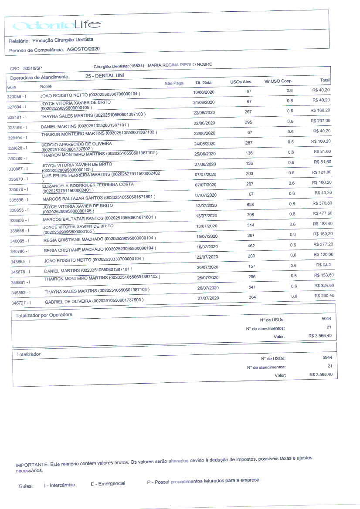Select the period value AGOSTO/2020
[x=83, y=49]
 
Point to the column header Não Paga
[x=174, y=83]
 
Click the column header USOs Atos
[x=241, y=82]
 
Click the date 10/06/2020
[x=204, y=92]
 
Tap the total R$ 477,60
[x=323, y=213]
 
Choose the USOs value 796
[x=250, y=214]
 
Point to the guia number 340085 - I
[x=20, y=241]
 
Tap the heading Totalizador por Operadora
[x=44, y=314]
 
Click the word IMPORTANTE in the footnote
[x=32, y=465]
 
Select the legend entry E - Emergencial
[x=108, y=484]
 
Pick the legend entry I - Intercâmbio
[x=59, y=485]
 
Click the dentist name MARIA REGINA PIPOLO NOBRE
[x=180, y=64]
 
